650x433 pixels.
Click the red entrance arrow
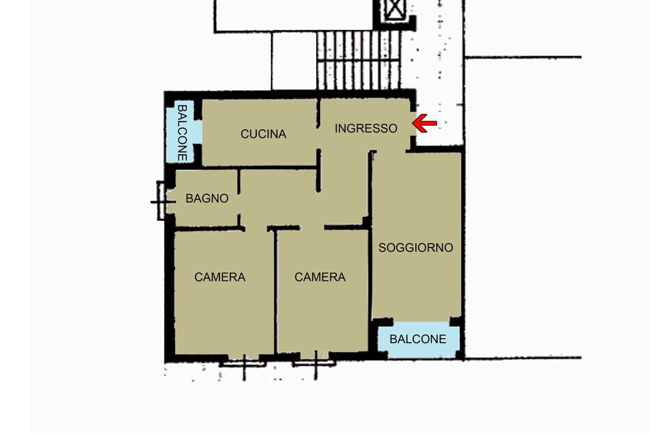tap(424, 123)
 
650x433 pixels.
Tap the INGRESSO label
tap(366, 128)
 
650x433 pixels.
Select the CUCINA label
tap(263, 134)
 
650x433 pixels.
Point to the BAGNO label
tap(207, 199)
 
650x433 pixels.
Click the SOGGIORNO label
tap(415, 247)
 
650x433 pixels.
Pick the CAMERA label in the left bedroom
tap(220, 277)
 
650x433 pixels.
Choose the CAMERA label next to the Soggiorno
tap(320, 277)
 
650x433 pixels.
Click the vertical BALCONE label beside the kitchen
tap(182, 133)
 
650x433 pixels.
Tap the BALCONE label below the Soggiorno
tap(418, 339)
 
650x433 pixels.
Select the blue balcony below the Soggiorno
tap(419, 340)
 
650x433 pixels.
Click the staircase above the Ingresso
tap(359, 60)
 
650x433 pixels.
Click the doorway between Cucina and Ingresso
tap(318, 138)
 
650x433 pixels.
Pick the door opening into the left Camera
tap(256, 228)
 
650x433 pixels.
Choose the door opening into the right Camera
tap(312, 228)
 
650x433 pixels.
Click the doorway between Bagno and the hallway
tap(239, 204)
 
